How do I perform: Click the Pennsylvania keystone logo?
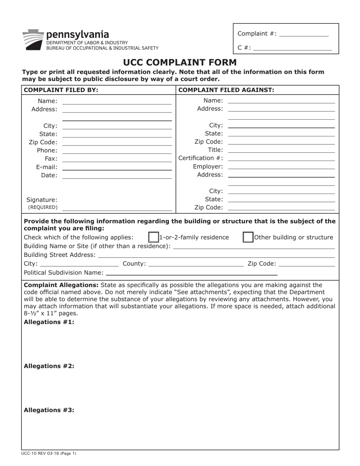point(33,40)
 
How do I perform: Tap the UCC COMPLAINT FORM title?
point(180,63)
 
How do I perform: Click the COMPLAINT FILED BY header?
point(61,90)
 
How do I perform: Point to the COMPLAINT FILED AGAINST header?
point(226,90)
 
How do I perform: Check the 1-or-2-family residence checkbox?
point(153,237)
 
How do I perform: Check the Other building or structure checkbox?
point(248,237)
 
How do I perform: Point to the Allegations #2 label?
point(49,366)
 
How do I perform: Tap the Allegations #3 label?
point(49,410)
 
